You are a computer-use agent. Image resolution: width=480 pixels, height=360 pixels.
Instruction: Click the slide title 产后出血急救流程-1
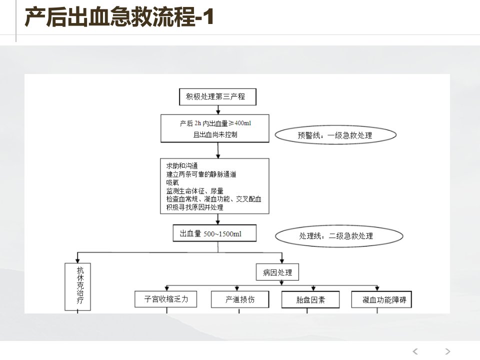click(x=119, y=17)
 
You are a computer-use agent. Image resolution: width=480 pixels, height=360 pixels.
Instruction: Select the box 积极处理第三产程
click(x=217, y=97)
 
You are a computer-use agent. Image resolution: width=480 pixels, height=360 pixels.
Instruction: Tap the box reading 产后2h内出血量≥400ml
click(x=215, y=128)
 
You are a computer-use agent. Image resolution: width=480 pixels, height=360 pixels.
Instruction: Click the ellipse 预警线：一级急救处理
click(x=335, y=135)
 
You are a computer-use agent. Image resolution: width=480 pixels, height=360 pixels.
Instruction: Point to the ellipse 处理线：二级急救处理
click(x=339, y=235)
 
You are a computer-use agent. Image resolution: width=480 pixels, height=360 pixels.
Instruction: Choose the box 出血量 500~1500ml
click(x=214, y=233)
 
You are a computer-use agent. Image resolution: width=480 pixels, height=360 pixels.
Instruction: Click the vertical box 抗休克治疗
click(x=78, y=287)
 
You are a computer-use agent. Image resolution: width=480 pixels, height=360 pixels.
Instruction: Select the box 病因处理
click(x=277, y=272)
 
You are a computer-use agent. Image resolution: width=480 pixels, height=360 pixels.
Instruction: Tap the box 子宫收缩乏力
click(x=166, y=299)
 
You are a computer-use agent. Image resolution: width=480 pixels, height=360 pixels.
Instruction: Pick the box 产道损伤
click(x=240, y=299)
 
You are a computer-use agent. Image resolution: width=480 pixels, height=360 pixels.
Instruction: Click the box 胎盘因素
click(x=310, y=299)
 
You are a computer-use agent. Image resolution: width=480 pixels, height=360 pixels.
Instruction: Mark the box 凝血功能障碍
click(x=381, y=299)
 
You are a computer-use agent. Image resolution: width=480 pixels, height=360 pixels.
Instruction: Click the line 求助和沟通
click(x=182, y=166)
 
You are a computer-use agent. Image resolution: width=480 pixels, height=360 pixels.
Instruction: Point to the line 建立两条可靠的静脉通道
click(x=201, y=174)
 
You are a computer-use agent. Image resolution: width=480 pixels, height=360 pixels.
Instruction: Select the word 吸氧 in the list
click(x=172, y=182)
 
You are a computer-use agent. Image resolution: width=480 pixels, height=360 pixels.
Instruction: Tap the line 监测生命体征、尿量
click(x=194, y=190)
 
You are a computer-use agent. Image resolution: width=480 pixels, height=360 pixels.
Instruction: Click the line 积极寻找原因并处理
click(x=194, y=207)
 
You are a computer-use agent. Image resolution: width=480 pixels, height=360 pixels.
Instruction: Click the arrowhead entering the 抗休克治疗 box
click(x=78, y=260)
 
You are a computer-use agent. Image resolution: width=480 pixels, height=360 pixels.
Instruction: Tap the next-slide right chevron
click(x=447, y=351)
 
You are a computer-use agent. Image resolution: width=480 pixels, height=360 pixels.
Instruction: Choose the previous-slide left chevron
click(x=415, y=351)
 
